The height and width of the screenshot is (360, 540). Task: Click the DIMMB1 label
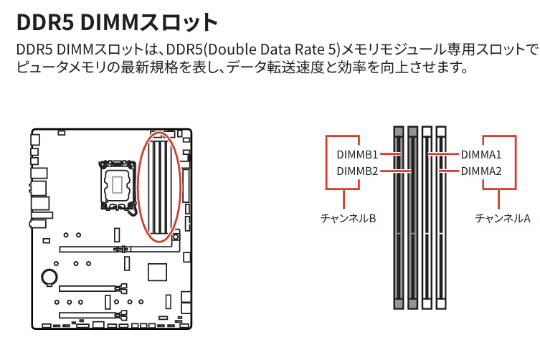tap(356, 154)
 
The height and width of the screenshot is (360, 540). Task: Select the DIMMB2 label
tap(356, 171)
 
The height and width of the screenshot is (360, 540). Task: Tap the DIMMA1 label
tap(481, 154)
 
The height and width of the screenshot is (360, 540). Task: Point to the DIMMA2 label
tap(481, 171)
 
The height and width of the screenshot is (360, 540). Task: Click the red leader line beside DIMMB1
tap(389, 154)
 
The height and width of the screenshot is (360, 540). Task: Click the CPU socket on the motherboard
tap(115, 185)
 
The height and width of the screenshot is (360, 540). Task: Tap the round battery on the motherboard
tap(49, 276)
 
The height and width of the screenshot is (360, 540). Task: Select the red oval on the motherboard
tap(160, 188)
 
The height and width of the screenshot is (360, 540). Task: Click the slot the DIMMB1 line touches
tap(399, 215)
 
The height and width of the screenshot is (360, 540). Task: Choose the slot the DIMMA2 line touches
tap(440, 215)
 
